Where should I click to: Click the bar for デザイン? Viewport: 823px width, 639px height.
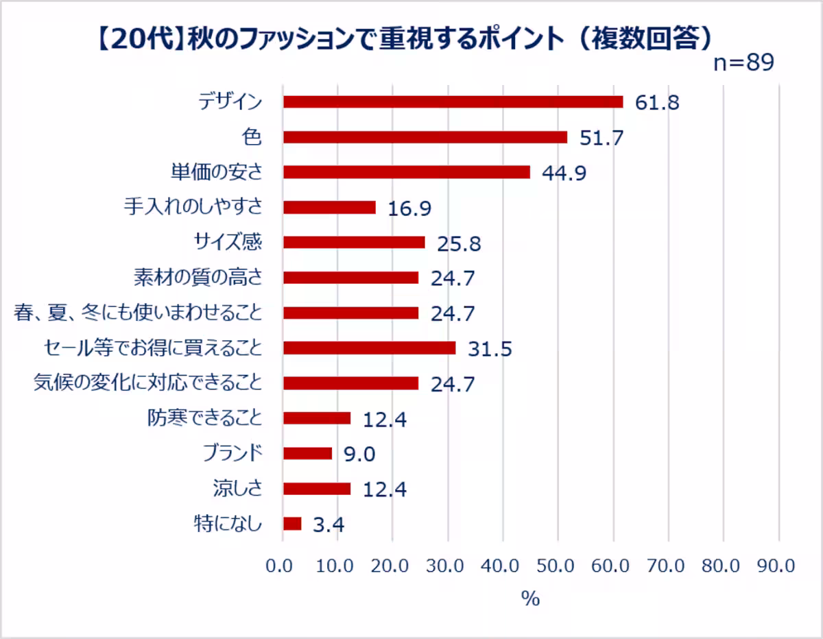(x=453, y=102)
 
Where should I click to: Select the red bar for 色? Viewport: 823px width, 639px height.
(x=425, y=137)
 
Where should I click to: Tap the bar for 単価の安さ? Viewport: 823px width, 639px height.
(x=407, y=172)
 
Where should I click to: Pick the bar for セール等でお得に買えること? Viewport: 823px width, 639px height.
(x=370, y=348)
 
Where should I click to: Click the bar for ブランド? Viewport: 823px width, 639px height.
(x=307, y=453)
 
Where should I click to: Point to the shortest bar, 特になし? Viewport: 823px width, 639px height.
(x=292, y=524)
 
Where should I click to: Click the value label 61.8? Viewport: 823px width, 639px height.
(x=657, y=103)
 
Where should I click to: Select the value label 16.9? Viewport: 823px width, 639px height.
(x=409, y=208)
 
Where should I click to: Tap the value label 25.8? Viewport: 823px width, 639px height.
(x=459, y=243)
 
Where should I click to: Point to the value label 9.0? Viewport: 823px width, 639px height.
(x=359, y=454)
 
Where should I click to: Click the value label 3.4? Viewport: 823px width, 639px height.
(x=329, y=525)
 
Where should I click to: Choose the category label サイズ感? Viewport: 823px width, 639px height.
(x=228, y=242)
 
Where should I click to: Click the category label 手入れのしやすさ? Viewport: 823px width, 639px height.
(x=193, y=206)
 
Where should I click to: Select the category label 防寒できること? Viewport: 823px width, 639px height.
(x=204, y=418)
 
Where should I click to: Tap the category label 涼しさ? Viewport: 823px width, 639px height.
(x=237, y=488)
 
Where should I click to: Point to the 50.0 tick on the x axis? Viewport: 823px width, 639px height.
(x=556, y=566)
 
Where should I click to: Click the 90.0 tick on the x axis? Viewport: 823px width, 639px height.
(x=776, y=566)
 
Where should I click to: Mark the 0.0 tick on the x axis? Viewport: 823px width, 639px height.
(x=279, y=566)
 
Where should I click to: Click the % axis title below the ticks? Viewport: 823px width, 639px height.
(x=530, y=599)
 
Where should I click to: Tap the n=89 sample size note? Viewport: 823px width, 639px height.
(x=743, y=62)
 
